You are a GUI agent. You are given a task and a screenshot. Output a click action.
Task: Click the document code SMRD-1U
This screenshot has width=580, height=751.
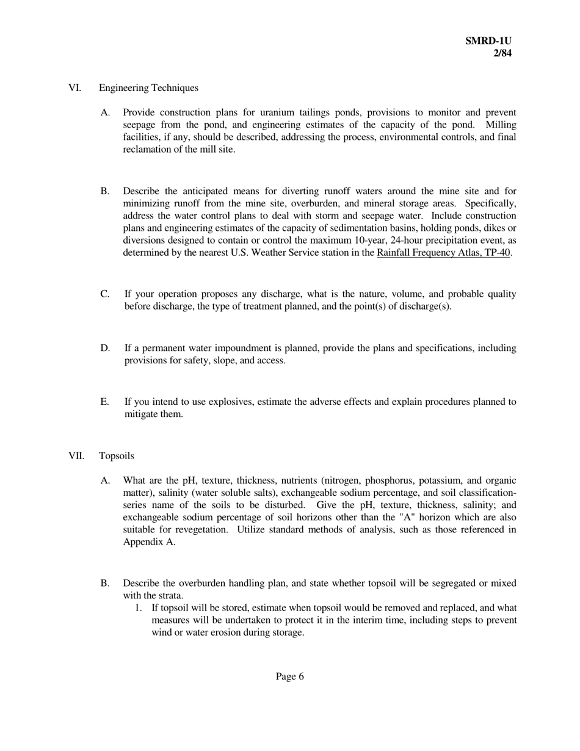point(488,41)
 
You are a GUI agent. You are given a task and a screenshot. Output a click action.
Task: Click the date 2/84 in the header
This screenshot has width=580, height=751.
point(502,53)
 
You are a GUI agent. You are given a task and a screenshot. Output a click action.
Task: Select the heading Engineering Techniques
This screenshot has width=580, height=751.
point(148,88)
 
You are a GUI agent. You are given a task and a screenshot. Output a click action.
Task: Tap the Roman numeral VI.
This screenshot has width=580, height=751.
point(74,88)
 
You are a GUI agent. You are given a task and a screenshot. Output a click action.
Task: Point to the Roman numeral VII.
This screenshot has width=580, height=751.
point(75,456)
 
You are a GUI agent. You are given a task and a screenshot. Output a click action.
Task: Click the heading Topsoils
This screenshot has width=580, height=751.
point(117,456)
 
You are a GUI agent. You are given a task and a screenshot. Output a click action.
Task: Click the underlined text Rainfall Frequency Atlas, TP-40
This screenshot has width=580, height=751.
point(444,253)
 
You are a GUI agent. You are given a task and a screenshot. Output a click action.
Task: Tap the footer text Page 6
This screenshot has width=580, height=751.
point(289,677)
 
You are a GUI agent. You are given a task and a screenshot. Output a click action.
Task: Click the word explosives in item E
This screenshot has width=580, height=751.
point(231,402)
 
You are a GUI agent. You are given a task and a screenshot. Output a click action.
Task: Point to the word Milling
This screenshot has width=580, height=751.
point(501,125)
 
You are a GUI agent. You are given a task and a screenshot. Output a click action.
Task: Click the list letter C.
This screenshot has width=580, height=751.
point(105,294)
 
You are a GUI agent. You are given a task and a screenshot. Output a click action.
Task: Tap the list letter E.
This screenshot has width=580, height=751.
point(105,402)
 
